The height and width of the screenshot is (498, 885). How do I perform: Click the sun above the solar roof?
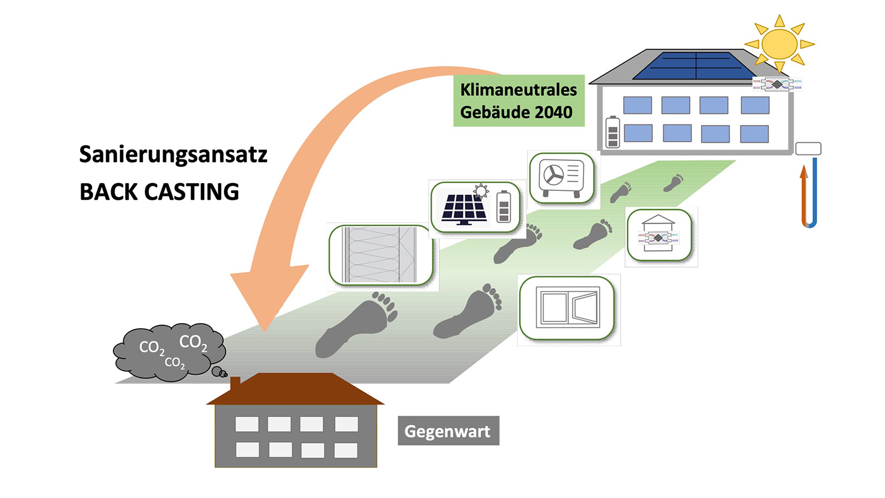click(779, 44)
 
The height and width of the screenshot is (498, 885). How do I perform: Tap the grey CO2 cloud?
click(169, 352)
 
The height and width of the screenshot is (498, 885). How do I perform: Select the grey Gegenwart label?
click(448, 431)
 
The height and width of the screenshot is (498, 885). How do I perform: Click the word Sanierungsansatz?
click(173, 154)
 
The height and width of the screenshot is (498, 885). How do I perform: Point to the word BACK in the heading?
click(108, 192)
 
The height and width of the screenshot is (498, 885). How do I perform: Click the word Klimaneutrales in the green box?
click(518, 90)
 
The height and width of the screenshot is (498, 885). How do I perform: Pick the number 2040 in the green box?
click(554, 112)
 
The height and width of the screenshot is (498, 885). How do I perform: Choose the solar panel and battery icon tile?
click(476, 207)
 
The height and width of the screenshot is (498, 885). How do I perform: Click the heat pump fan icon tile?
click(562, 178)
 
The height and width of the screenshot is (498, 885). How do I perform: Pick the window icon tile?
click(568, 308)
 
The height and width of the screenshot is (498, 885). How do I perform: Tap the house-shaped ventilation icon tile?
click(659, 235)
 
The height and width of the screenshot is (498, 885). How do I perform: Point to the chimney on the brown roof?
click(235, 383)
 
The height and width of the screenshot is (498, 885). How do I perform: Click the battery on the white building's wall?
click(612, 132)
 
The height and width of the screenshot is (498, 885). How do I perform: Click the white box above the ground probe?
click(808, 148)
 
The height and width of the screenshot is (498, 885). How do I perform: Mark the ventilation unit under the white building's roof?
click(777, 84)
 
